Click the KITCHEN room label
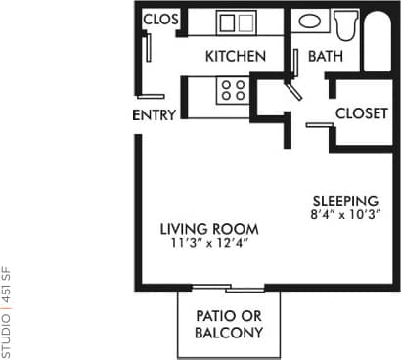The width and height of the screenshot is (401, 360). click(235, 57)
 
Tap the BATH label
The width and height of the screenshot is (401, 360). click(325, 57)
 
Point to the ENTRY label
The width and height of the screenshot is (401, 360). click(154, 115)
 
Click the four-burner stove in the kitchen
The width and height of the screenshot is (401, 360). click(232, 91)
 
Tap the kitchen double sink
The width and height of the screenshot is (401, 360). click(235, 22)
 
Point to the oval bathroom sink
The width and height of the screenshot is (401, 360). click(307, 21)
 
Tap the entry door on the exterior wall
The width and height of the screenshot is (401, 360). click(151, 97)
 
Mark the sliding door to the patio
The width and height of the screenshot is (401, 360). click(227, 288)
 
